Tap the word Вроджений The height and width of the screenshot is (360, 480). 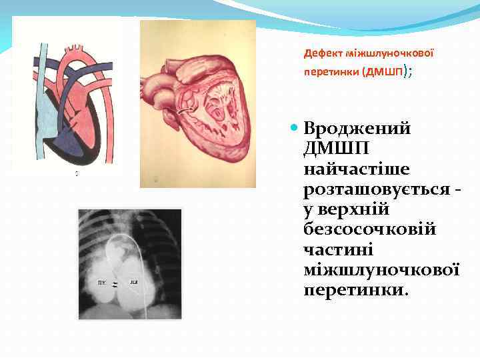tap(357, 127)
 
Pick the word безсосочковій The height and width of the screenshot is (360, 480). tap(369, 230)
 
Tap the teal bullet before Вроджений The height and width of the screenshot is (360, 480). tap(293, 127)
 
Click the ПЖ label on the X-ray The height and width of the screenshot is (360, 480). tap(101, 283)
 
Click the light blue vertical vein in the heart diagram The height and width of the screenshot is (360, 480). tap(42, 87)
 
